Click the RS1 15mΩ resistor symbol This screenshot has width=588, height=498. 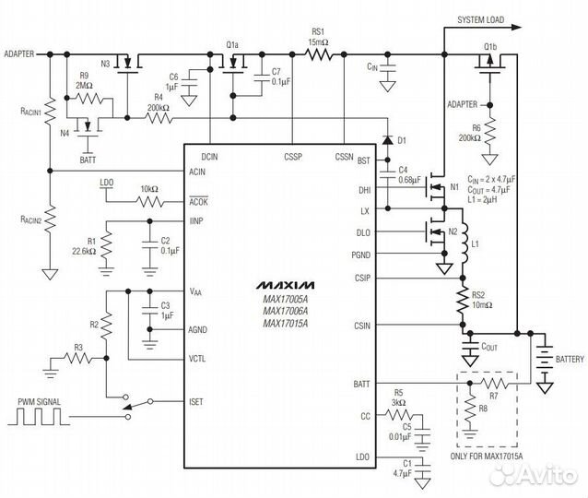pos(318,54)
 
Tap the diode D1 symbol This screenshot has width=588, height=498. pos(388,140)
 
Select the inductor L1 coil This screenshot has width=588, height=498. pos(464,243)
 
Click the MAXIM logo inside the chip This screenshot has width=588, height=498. pos(286,285)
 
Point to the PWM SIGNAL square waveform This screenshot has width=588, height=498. pos(39,417)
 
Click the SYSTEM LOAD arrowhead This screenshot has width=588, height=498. pos(516,27)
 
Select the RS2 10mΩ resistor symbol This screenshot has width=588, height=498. pos(463,302)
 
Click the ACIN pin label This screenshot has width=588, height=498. pos(197,172)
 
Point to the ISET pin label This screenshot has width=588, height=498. pos(196,402)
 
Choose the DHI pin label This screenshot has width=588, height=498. pos(364,190)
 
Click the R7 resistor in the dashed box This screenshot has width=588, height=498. pos(495,383)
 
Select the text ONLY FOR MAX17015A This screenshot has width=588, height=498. pos(487,456)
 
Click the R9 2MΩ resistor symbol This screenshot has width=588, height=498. pos(88,99)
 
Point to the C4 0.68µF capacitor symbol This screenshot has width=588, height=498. pos(388,174)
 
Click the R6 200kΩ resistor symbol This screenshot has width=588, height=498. pos(489,131)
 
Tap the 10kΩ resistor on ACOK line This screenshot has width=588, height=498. pos(150,202)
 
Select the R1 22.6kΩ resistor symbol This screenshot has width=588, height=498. pos(107,244)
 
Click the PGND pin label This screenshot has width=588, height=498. pos(360,255)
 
